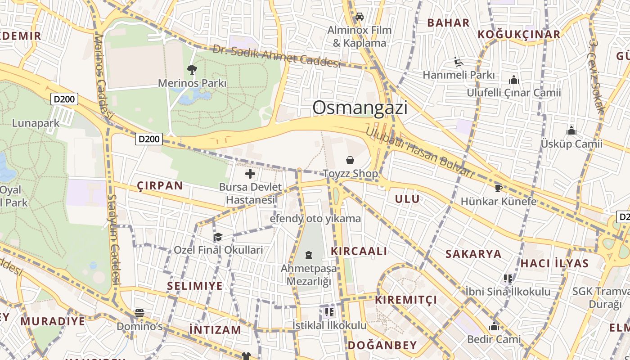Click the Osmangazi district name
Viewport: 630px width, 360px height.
[360, 108]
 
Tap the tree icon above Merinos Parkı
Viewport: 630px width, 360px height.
[192, 69]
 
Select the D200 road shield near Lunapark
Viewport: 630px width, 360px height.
[64, 99]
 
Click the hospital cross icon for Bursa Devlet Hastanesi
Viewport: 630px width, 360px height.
[250, 174]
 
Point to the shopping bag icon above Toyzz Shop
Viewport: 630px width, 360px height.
[350, 160]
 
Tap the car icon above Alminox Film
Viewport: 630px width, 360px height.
[359, 17]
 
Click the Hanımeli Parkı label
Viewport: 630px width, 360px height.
[459, 75]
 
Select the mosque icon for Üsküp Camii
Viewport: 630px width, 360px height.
[571, 131]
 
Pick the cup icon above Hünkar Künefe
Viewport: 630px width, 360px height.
[498, 188]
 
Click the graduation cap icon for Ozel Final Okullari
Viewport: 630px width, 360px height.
[218, 237]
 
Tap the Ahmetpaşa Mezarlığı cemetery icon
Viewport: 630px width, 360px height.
[309, 256]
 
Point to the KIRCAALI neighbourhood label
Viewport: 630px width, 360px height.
[359, 252]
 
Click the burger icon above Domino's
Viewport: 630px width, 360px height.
[139, 313]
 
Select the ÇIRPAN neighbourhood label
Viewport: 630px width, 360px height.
[160, 186]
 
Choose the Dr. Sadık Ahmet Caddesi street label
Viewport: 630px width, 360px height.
[276, 56]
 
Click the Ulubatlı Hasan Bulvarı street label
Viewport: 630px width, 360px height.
[419, 153]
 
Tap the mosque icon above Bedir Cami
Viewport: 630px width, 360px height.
[494, 326]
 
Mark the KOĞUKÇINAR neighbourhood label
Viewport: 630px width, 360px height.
[519, 35]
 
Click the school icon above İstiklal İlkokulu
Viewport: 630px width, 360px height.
[329, 311]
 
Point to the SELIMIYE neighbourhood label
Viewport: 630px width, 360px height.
[195, 286]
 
